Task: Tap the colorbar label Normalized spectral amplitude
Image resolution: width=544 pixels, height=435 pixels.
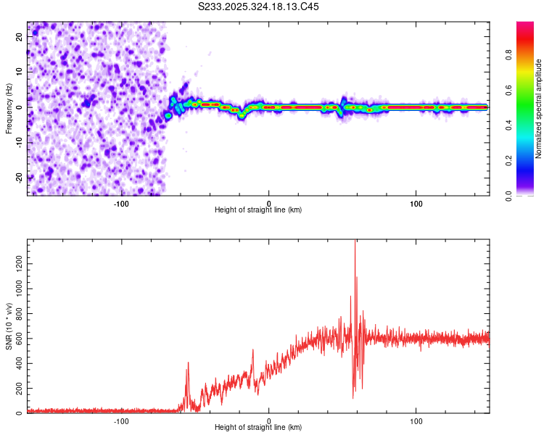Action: point(539,109)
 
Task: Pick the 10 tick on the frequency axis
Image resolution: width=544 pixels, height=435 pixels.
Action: point(20,72)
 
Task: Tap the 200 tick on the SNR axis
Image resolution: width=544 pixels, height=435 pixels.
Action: point(18,388)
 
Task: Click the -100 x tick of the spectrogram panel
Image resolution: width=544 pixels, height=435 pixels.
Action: point(121,204)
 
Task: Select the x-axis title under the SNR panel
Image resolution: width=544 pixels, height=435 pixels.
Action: point(258,429)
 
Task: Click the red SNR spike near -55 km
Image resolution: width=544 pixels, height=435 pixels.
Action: point(188,363)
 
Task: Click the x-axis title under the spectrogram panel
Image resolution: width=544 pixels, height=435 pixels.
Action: point(258,211)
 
